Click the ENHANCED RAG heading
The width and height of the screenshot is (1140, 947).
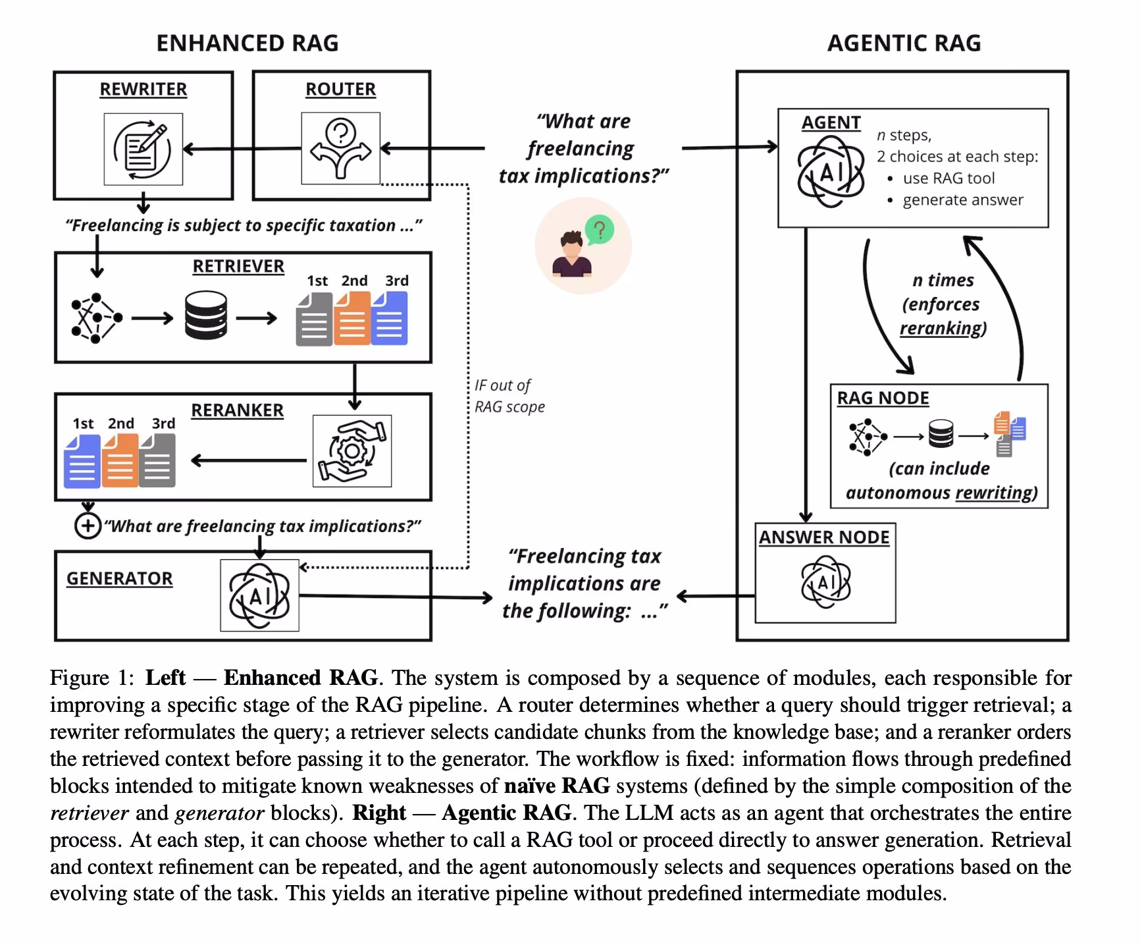click(x=247, y=43)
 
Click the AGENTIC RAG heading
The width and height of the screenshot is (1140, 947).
click(x=904, y=43)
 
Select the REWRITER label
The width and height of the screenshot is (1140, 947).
click(x=143, y=89)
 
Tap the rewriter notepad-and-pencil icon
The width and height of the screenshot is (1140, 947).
click(x=143, y=149)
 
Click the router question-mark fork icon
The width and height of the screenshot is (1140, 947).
click(x=340, y=149)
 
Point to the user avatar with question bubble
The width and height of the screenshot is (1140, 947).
click(x=583, y=246)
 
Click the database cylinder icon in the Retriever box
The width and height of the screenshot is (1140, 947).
click(x=206, y=316)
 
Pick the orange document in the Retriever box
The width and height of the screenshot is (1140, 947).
click(x=351, y=319)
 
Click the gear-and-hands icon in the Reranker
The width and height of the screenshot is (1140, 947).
click(x=351, y=450)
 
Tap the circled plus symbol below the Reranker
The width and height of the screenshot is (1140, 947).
click(x=88, y=526)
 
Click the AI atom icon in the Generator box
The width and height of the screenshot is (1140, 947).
click(x=259, y=595)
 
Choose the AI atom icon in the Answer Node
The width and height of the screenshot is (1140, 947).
click(x=825, y=582)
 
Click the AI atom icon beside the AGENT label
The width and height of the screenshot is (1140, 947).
click(x=831, y=173)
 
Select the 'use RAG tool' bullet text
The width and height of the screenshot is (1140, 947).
click(x=948, y=178)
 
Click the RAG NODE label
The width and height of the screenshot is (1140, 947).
click(x=883, y=398)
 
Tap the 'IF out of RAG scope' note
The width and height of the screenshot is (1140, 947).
click(x=509, y=396)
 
